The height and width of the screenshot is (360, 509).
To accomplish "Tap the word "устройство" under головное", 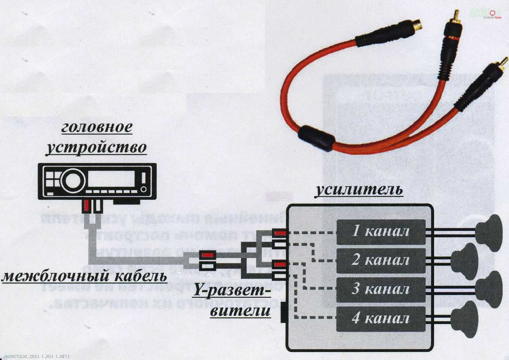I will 96,148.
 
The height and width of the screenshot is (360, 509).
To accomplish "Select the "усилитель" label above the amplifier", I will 359,190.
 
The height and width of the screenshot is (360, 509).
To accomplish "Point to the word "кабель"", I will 142,277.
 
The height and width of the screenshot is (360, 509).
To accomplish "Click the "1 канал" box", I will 381,232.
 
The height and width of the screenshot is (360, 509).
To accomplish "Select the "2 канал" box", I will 381,260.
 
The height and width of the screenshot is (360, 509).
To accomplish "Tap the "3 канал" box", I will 381,289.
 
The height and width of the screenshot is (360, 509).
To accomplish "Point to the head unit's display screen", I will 111,179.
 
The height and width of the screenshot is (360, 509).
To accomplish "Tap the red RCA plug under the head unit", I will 86,204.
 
